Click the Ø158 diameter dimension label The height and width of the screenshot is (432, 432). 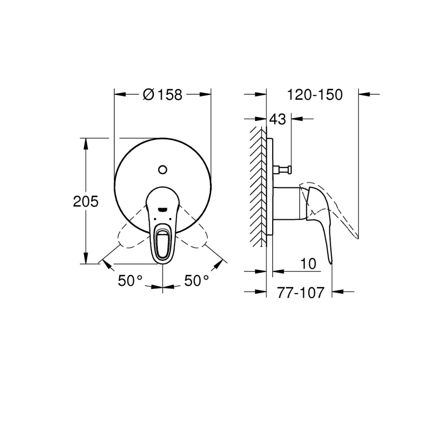pyautogui.click(x=163, y=95)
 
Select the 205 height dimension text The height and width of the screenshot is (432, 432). pyautogui.click(x=86, y=202)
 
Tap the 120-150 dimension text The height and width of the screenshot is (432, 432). pyautogui.click(x=315, y=95)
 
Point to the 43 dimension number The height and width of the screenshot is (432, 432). pyautogui.click(x=278, y=120)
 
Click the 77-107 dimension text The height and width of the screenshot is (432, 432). pyautogui.click(x=300, y=293)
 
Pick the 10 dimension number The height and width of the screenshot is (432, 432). pyautogui.click(x=308, y=264)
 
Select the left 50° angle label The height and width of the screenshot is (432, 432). pyautogui.click(x=130, y=281)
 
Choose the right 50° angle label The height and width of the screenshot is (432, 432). pyautogui.click(x=196, y=281)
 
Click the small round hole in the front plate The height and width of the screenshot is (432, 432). pyautogui.click(x=163, y=169)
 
